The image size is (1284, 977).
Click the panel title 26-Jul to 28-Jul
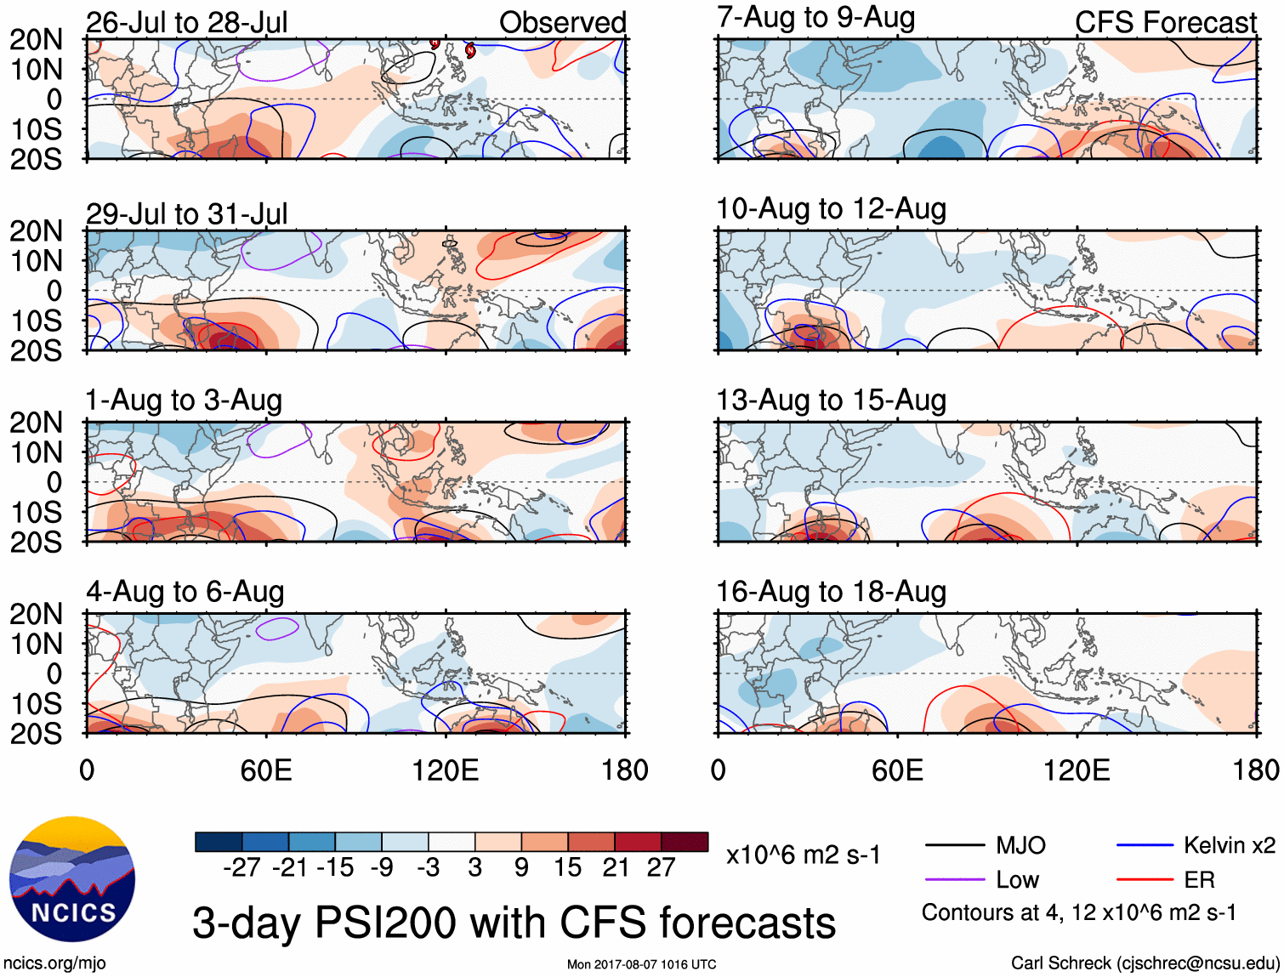click(x=187, y=22)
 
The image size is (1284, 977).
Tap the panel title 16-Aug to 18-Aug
click(x=831, y=591)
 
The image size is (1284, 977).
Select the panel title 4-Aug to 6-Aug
click(x=185, y=591)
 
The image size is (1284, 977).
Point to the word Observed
click(x=562, y=22)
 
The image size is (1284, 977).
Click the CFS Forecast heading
click(x=1165, y=22)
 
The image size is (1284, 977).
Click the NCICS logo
click(x=72, y=879)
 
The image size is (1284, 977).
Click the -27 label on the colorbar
click(x=241, y=867)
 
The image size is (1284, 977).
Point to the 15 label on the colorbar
click(x=567, y=867)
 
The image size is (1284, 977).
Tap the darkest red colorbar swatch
click(x=685, y=842)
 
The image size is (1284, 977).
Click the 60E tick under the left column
click(x=266, y=770)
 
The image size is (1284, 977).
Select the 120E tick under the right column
click(x=1077, y=770)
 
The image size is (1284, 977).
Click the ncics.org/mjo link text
click(x=54, y=963)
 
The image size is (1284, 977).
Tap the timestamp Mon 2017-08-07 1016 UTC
click(x=641, y=964)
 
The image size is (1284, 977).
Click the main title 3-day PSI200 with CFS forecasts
click(x=514, y=923)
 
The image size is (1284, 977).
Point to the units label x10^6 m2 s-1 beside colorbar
click(x=803, y=855)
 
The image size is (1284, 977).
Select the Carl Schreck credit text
click(x=1145, y=963)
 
